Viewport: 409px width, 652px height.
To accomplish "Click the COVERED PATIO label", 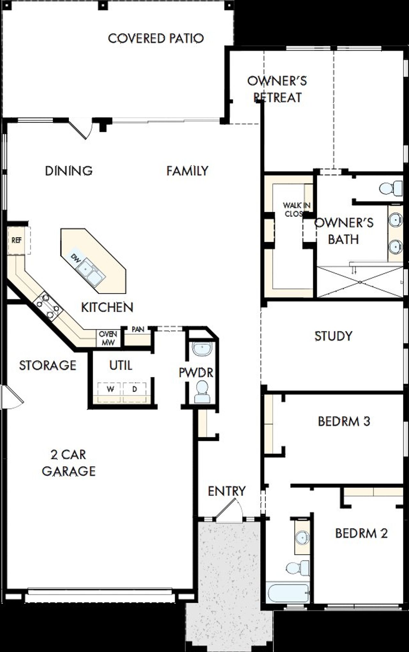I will (156, 38).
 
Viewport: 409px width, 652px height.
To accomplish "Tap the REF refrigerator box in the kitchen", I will (16, 240).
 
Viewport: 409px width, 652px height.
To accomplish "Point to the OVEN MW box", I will (108, 338).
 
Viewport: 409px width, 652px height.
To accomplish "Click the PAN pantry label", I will (138, 329).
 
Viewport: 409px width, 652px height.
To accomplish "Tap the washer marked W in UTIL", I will (110, 389).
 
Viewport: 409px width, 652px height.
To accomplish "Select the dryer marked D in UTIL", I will (135, 389).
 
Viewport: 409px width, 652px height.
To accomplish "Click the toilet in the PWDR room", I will (202, 393).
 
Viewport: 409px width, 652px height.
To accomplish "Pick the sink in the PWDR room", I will (202, 348).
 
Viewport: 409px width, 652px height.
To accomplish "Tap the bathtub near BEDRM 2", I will (287, 592).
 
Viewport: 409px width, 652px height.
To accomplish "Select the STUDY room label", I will (333, 336).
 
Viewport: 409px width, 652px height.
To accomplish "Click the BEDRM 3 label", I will (344, 421).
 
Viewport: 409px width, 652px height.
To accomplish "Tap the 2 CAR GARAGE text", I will (69, 463).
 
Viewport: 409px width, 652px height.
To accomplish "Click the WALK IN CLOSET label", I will (297, 210).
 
